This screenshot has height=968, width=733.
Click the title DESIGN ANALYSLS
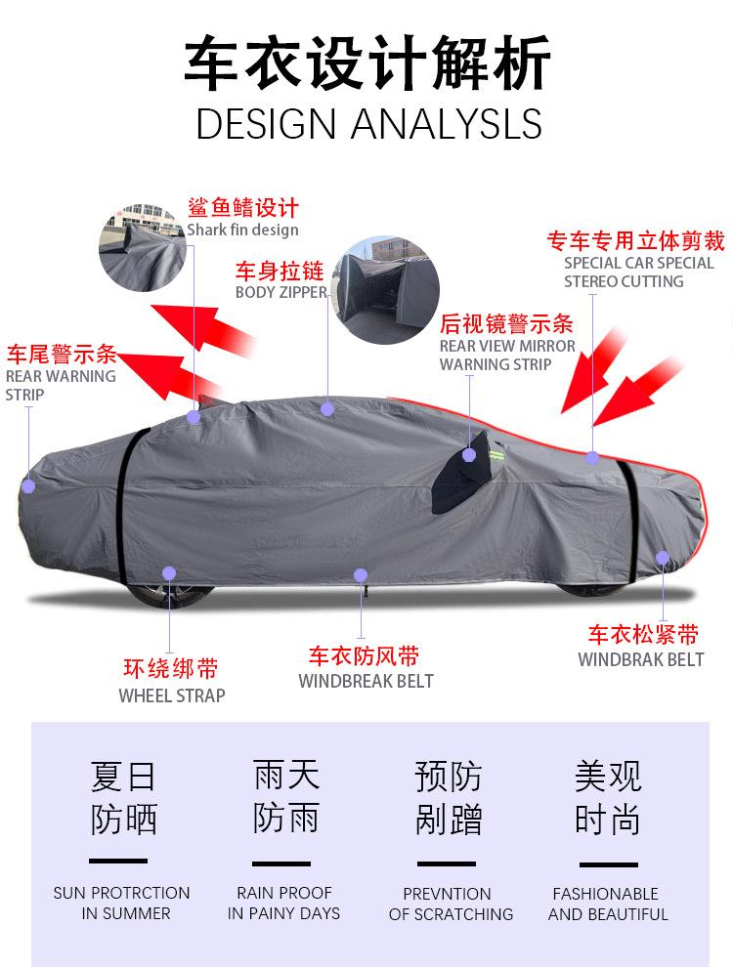pyautogui.click(x=368, y=124)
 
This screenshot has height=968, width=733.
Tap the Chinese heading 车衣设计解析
pyautogui.click(x=368, y=64)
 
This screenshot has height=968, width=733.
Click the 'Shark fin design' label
pyautogui.click(x=242, y=231)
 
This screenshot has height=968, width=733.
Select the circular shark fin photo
pyautogui.click(x=143, y=247)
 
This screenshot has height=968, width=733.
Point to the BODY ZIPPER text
pyautogui.click(x=281, y=292)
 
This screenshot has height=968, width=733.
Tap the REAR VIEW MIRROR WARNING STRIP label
pyautogui.click(x=507, y=355)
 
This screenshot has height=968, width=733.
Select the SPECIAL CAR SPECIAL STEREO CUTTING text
pyautogui.click(x=638, y=273)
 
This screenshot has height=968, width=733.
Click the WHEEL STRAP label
pyautogui.click(x=172, y=695)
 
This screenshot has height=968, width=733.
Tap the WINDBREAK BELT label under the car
pyautogui.click(x=366, y=681)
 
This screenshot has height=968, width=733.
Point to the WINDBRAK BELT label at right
pyautogui.click(x=640, y=659)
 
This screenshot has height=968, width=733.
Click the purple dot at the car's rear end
pyautogui.click(x=28, y=485)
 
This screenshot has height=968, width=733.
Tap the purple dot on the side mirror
pyautogui.click(x=469, y=455)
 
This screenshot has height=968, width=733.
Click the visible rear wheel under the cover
pyautogui.click(x=171, y=592)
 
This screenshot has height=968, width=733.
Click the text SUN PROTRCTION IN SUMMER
pyautogui.click(x=121, y=904)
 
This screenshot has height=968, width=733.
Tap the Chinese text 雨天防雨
pyautogui.click(x=285, y=797)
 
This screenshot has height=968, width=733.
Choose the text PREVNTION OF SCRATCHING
pyautogui.click(x=451, y=904)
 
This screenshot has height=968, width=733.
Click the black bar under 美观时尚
pyautogui.click(x=608, y=864)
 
